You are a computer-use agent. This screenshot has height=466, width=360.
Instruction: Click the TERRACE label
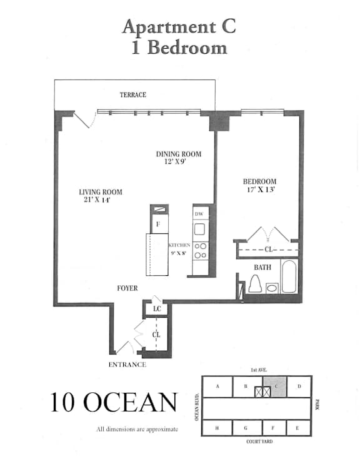(x=132, y=95)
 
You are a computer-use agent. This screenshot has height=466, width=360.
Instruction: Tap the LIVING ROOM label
(x=101, y=192)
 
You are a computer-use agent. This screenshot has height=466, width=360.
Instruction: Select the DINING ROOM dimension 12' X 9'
(x=175, y=161)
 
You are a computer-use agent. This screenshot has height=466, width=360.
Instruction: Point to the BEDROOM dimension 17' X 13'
(x=261, y=190)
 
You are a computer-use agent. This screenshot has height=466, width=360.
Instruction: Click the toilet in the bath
(x=255, y=283)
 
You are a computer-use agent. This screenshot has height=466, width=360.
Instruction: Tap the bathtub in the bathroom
(x=289, y=276)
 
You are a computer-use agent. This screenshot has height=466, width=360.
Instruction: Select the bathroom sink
(x=272, y=288)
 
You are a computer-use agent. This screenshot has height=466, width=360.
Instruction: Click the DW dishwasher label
(x=199, y=214)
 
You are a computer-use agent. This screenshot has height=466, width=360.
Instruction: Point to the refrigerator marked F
(x=158, y=224)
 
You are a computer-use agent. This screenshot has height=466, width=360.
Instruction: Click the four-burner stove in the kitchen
(x=201, y=251)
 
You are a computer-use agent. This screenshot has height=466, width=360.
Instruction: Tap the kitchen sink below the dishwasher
(x=199, y=229)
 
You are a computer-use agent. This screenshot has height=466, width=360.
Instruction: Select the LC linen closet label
(x=157, y=309)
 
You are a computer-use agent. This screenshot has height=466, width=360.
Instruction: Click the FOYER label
(x=127, y=288)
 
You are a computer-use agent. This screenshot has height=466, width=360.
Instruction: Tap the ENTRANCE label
(x=127, y=365)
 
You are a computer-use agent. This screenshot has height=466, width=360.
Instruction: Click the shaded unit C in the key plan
(x=275, y=387)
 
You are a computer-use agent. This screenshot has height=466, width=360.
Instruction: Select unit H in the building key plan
(x=217, y=428)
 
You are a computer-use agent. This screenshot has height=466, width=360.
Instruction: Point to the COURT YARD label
(x=259, y=442)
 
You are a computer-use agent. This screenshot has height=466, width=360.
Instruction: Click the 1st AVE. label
(x=259, y=370)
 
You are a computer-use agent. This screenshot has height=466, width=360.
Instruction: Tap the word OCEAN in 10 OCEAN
(x=131, y=402)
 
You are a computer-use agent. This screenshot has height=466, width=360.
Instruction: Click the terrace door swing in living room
(x=85, y=119)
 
